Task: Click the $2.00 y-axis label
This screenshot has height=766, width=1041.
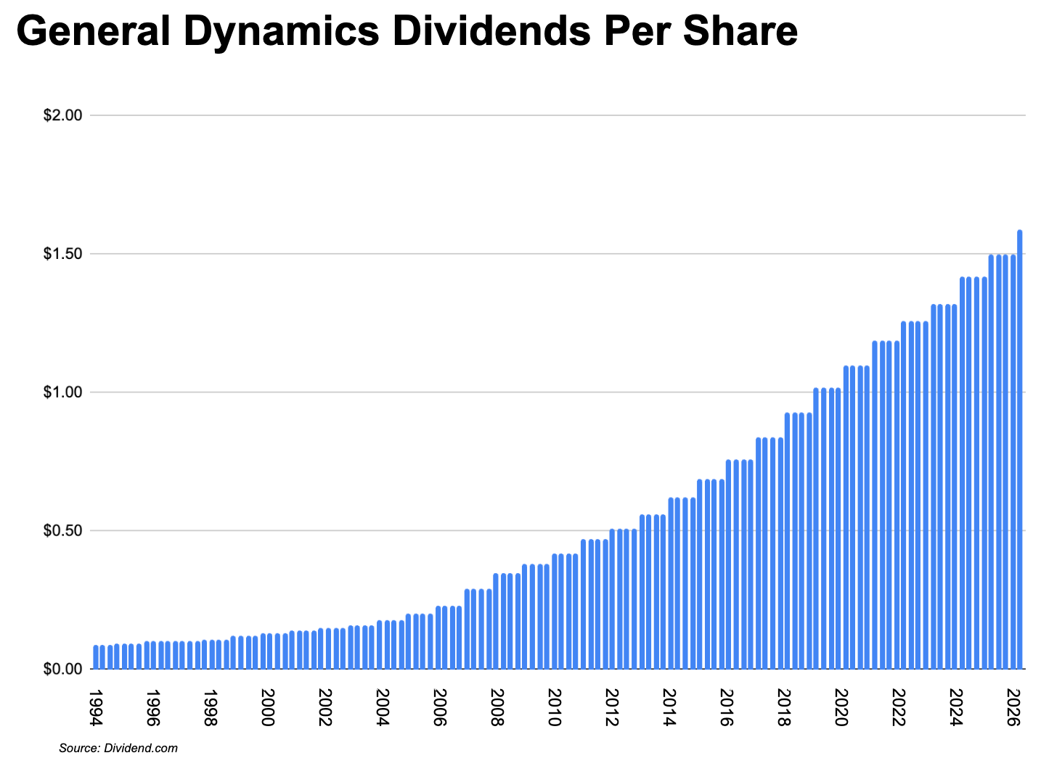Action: pyautogui.click(x=64, y=115)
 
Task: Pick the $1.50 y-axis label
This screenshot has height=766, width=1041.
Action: pyautogui.click(x=64, y=254)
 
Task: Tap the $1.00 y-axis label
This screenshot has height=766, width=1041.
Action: pyautogui.click(x=64, y=392)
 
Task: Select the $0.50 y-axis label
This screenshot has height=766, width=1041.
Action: pyautogui.click(x=64, y=530)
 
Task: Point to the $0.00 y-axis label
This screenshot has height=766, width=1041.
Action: pyautogui.click(x=64, y=669)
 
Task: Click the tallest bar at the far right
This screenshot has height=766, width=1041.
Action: pyautogui.click(x=1020, y=450)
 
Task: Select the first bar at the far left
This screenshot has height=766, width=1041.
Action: pyautogui.click(x=96, y=656)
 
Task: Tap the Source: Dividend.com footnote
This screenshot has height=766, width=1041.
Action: pyautogui.click(x=118, y=748)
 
